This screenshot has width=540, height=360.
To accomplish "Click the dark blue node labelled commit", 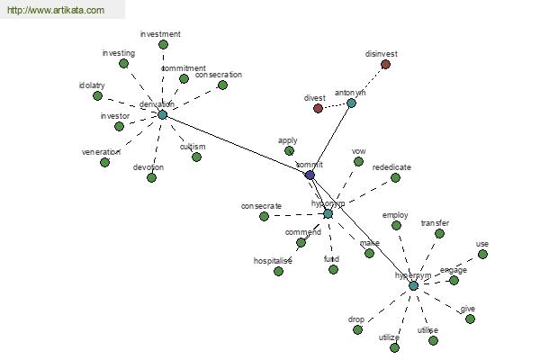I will coord(310,175).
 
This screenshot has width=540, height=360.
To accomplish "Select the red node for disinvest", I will coord(385,65).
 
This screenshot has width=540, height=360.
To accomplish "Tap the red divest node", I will coord(318,109).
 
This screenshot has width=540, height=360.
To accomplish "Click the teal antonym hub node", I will coord(351,103).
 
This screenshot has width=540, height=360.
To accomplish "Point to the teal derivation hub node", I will coord(162,114).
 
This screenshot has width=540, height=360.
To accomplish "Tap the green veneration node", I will coord(105,162).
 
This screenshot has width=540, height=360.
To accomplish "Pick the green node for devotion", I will coord(151,177).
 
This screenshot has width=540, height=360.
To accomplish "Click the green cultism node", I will coord(196,157).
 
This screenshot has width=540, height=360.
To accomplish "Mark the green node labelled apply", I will coord(289,150).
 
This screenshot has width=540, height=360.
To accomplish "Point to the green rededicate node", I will coord(395,178).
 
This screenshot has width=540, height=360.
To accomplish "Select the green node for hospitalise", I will coord(278,271).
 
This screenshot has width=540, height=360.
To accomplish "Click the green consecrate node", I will coord(264,216).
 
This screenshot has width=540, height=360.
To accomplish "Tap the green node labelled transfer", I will coord(439,233).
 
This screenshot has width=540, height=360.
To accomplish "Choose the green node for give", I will coord(470,319).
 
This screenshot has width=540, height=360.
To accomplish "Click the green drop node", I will coord(357,329).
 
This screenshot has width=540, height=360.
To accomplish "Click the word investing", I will coord(119,53).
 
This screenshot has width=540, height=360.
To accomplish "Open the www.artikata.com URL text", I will coord(55,11).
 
